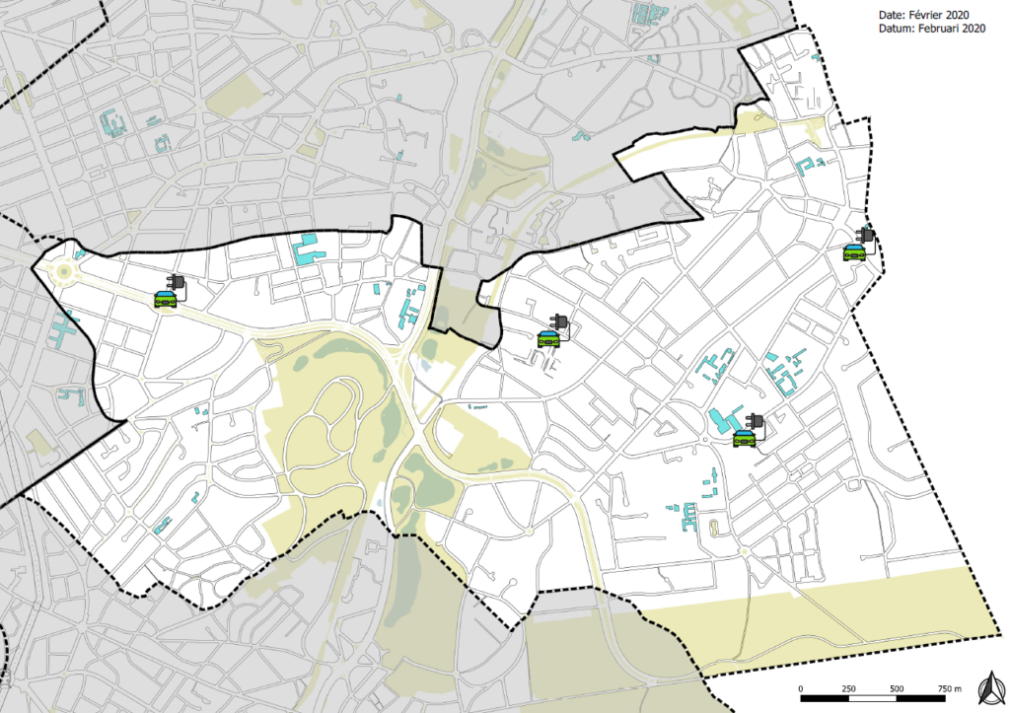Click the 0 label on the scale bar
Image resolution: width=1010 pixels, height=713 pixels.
point(801,687)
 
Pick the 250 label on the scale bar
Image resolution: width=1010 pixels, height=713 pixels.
point(848,687)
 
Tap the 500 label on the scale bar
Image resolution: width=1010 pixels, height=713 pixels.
point(897,687)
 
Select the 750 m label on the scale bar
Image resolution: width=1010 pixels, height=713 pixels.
point(948,687)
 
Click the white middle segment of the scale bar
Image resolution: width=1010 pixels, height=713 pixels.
point(872,698)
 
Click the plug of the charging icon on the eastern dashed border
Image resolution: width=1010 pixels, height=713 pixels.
point(867,236)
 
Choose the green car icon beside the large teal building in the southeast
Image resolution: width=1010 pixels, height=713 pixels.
point(744,439)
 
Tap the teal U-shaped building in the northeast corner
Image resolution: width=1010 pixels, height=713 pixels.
point(811,165)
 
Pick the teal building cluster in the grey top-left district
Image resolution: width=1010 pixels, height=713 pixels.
point(111,123)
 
